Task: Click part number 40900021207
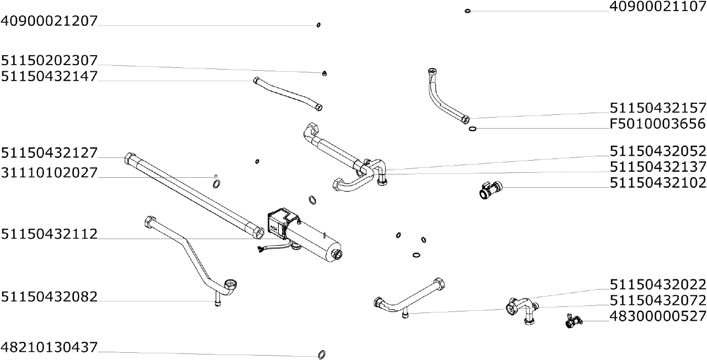coord(49,21)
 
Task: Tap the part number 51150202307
coord(49,60)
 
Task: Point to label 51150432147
coord(49,76)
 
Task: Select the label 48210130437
coord(49,348)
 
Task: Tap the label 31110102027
coord(49,173)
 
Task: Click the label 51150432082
coord(49,297)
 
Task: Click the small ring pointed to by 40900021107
coord(468,10)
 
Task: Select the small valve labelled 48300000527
coord(572,320)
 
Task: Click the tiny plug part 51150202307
coord(325,73)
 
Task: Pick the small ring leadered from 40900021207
coord(318,25)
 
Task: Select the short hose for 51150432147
coord(288,93)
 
